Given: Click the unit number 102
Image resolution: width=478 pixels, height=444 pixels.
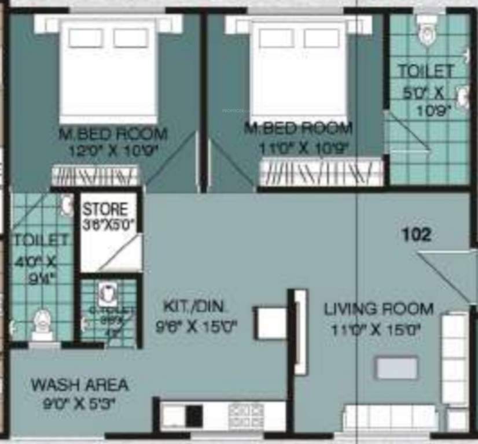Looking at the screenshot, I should (x=417, y=235).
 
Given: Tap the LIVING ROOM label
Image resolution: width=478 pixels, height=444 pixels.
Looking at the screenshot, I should (x=379, y=309).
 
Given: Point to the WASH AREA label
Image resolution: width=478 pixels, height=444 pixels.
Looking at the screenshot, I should (x=80, y=384).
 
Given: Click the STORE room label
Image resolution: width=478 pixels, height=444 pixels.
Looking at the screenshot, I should (x=104, y=208).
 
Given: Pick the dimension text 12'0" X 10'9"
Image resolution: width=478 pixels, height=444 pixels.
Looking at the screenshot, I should (x=113, y=150).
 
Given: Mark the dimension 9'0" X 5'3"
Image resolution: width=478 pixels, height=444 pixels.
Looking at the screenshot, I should (x=80, y=404).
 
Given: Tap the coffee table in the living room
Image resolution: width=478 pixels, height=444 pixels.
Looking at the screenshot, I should (x=396, y=368).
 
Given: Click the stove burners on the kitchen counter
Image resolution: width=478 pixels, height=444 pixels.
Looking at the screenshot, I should (x=239, y=413).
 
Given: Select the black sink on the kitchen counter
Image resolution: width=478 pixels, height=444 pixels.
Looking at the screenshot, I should (x=194, y=415).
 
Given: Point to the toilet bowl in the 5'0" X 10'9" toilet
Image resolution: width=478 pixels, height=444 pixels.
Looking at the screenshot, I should (x=428, y=33).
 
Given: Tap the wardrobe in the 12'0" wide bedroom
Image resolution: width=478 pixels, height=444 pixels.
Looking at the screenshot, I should (x=95, y=175).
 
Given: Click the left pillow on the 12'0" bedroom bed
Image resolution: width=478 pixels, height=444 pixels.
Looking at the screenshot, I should (x=86, y=38).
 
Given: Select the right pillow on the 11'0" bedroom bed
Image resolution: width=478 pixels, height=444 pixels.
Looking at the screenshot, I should (x=321, y=38).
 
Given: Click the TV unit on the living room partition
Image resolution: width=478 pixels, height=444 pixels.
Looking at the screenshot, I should (x=300, y=332).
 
